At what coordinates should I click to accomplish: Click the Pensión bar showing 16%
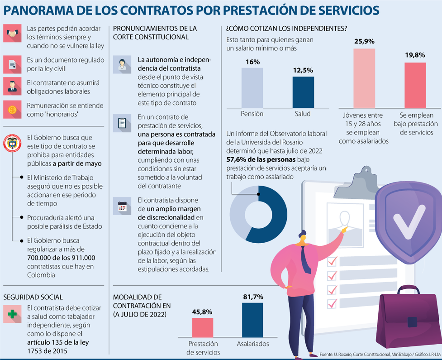[x=252, y=88]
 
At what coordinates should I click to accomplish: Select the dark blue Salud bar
[x=303, y=92]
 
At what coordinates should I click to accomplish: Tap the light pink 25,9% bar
[x=364, y=78]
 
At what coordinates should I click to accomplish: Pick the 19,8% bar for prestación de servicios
[x=415, y=85]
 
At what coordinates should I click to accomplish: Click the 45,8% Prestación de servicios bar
[x=203, y=327]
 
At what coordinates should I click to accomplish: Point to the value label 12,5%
[x=303, y=70]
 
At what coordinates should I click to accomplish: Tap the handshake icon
[x=12, y=34]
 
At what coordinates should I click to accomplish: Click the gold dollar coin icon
[x=12, y=110]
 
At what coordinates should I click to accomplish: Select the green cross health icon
[x=12, y=314]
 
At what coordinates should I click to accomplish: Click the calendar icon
[x=122, y=206]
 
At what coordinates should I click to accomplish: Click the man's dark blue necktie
[x=305, y=259]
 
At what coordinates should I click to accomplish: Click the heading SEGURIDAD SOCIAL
[x=33, y=297]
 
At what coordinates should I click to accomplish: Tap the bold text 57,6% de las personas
[x=261, y=159]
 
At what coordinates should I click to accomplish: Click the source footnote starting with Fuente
[x=380, y=355]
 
